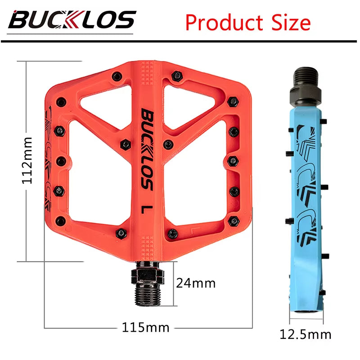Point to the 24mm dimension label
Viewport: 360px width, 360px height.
coord(196,283)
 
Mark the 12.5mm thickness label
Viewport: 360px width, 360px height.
coord(306,334)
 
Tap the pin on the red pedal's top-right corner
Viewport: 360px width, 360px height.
coord(232,100)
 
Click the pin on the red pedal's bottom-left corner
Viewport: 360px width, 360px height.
coord(60,220)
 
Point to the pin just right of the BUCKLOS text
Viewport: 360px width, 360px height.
coord(168,144)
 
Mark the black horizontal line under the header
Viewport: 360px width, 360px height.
coord(180,41)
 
